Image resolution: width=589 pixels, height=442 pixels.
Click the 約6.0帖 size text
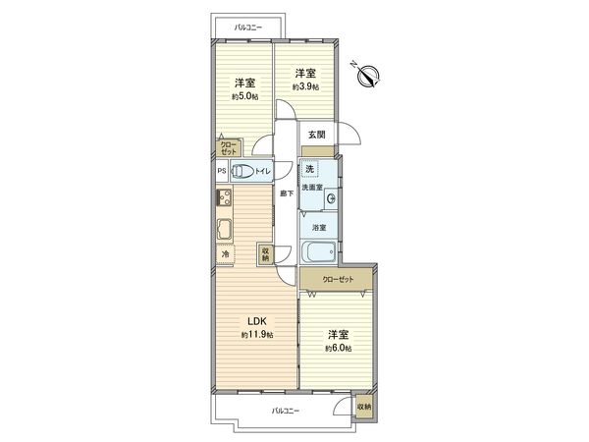point(340,349)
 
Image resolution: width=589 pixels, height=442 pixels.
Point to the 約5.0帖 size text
point(244,96)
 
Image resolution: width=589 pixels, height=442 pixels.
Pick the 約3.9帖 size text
point(304,87)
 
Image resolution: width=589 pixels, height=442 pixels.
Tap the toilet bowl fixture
point(244,171)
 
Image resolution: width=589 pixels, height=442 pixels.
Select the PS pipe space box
point(222,171)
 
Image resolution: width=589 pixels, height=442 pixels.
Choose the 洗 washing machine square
point(310,169)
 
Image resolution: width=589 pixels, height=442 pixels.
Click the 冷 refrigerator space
point(225,253)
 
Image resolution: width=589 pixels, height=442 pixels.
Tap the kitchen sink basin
point(225,232)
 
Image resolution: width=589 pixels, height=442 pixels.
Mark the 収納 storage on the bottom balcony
point(364,407)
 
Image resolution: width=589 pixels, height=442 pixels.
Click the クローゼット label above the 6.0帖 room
point(339,280)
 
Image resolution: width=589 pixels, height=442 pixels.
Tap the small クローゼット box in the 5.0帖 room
point(228,148)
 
